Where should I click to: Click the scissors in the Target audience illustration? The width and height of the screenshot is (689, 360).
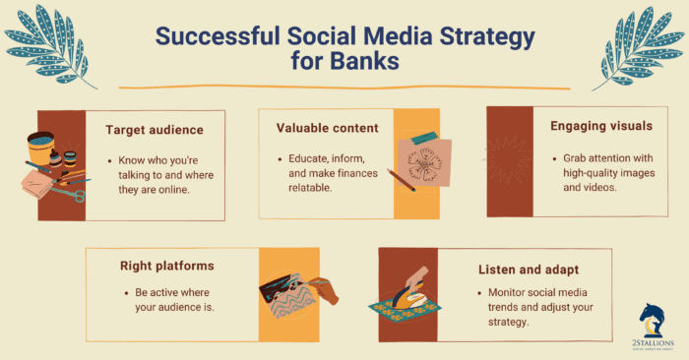pyautogui.click(x=71, y=193)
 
